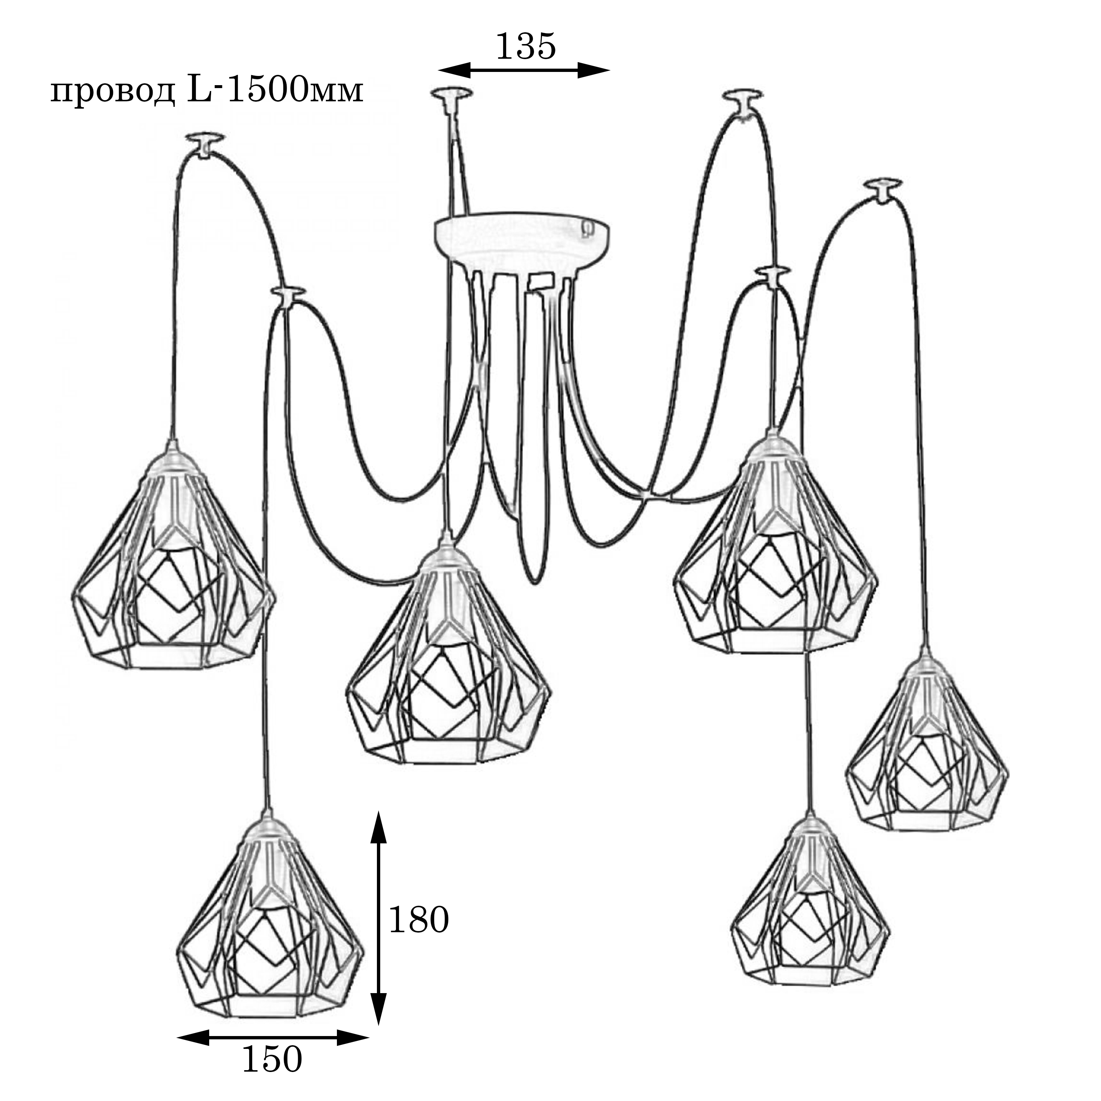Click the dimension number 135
tap(526, 47)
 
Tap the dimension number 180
tap(419, 920)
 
